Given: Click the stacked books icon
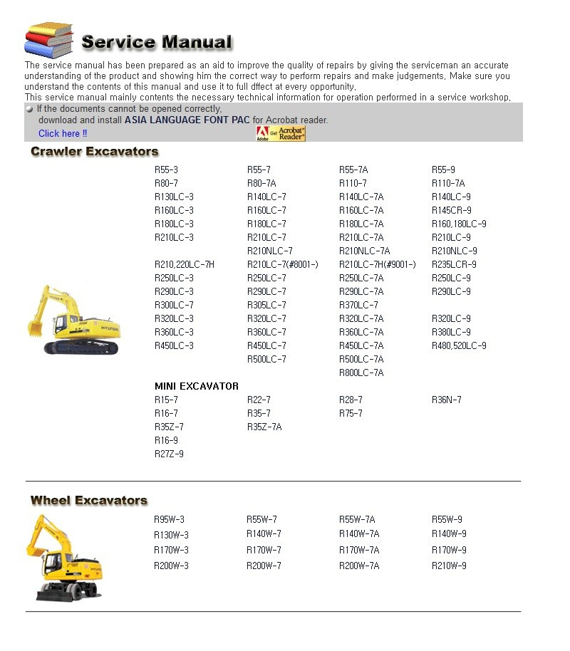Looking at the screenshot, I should coord(48,40).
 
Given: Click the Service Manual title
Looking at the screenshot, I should coord(157,42).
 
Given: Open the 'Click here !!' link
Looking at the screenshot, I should coord(63,133).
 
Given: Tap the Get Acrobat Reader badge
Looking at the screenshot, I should coord(280,133).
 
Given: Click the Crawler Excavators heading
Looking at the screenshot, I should coord(94,151).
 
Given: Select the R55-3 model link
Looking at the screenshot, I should coord(166,170).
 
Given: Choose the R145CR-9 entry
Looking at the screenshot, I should coord(451,210).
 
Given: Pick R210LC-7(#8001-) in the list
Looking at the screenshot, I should coord(282,264).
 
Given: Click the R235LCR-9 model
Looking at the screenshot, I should coord(454,264).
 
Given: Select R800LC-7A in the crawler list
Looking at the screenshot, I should coord(361,373).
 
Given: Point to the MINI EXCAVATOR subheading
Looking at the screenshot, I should coord(197,386).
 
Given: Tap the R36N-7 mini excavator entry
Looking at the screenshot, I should coord(446,400).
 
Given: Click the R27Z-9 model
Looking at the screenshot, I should coord(169,454).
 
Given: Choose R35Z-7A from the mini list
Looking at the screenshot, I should coord(264,427).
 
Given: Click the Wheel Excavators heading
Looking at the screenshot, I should coord(89,500).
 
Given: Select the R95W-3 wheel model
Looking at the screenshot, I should coord(169,519).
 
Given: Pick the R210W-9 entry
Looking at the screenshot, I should coord(449,566).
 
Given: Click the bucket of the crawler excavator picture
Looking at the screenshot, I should coord(36,328).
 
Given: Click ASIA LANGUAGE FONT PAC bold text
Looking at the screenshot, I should coord(187,120).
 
